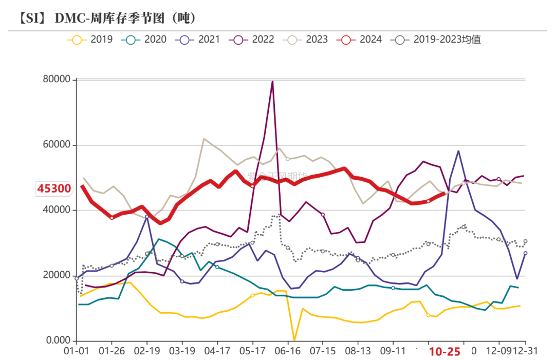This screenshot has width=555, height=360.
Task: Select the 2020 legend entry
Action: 146,39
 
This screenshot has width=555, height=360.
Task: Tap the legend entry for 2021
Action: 200,39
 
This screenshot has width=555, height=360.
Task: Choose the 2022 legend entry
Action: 254,39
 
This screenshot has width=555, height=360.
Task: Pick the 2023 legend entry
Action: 308,39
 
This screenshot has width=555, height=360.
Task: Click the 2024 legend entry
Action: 362,39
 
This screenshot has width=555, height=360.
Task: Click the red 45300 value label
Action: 54,189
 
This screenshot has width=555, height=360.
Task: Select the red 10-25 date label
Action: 445,352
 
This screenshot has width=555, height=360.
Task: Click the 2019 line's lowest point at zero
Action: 294,340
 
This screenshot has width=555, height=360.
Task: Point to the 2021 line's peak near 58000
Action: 458,151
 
